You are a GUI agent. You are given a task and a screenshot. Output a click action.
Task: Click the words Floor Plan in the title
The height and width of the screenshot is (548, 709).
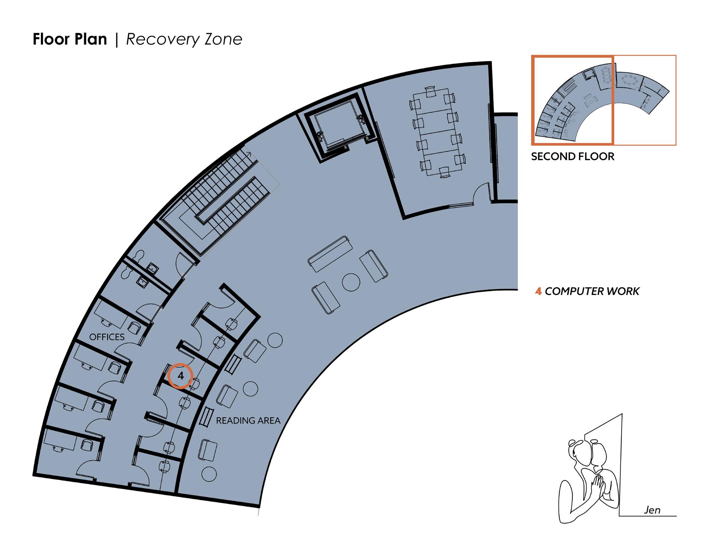click(70, 39)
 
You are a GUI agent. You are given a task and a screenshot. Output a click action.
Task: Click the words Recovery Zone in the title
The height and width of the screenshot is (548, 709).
click(184, 39)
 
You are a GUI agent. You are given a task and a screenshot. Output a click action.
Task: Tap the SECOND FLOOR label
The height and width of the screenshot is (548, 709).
click(572, 156)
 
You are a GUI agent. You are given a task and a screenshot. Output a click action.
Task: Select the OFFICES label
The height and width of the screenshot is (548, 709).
click(107, 337)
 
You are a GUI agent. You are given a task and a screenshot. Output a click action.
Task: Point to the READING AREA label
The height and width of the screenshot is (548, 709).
click(248, 421)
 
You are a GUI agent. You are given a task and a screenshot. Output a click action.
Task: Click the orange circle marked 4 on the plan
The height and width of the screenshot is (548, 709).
click(180, 376)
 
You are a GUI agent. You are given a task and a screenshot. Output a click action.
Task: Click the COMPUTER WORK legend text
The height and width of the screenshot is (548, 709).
click(592, 291)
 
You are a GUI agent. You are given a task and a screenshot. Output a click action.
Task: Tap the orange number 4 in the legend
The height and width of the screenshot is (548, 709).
click(538, 291)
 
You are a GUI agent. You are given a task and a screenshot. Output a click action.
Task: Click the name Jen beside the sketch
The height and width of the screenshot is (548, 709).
click(652, 510)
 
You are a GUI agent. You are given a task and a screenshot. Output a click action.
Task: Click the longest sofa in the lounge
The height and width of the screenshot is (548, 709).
click(330, 254)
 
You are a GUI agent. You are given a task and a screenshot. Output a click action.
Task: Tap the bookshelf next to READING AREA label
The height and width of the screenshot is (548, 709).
click(206, 417)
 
